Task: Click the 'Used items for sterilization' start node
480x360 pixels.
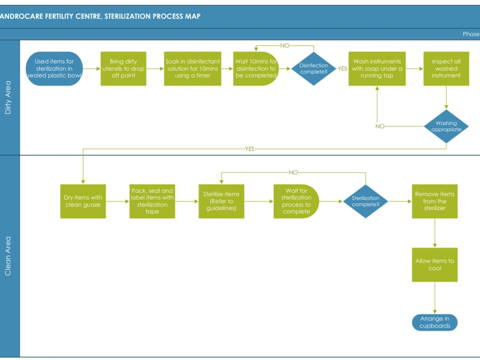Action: (54, 69)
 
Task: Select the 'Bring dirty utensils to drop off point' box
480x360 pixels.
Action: (123, 69)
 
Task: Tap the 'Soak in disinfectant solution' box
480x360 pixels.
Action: (192, 69)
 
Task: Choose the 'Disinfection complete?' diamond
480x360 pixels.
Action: (313, 69)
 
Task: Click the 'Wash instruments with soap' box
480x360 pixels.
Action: (377, 69)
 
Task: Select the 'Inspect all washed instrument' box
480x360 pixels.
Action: (446, 69)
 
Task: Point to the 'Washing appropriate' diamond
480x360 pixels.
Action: (446, 126)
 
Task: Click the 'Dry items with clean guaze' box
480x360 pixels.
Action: (83, 201)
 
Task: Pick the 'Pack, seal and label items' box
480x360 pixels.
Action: (152, 201)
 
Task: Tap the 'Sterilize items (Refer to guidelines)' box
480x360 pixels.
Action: (221, 201)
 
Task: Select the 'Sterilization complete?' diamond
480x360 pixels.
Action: (365, 201)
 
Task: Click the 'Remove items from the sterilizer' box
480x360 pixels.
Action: (434, 201)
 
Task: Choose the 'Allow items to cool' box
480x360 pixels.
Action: (434, 264)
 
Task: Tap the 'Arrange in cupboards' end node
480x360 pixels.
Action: (434, 322)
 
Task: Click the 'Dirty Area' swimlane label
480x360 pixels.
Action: (8, 97)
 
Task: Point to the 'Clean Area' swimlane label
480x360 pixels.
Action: (8, 256)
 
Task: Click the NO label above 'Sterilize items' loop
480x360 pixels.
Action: (293, 172)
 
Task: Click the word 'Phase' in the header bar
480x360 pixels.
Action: (470, 34)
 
